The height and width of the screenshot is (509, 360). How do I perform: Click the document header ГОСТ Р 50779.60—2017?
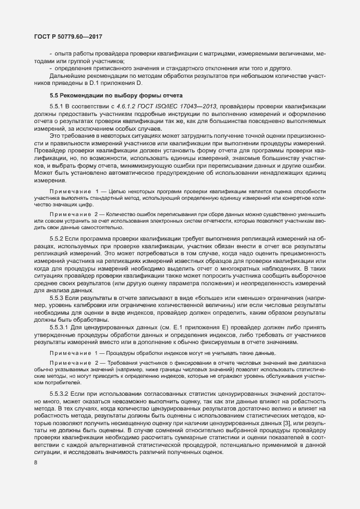click(x=65, y=36)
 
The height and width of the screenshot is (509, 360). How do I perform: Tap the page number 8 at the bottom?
click(x=35, y=463)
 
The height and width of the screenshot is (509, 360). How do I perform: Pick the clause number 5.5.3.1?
click(x=60, y=327)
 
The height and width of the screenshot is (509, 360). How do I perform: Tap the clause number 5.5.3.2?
click(x=60, y=392)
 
